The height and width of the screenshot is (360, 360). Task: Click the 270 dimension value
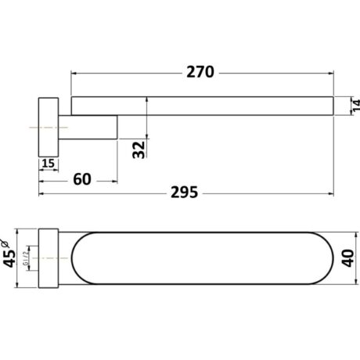pos(200,72)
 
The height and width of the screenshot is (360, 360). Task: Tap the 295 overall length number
pos(185,193)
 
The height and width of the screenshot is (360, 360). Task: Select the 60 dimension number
pos(82,179)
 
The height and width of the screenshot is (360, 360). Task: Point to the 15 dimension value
pos(49,164)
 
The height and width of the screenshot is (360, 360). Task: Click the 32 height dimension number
pos(139,149)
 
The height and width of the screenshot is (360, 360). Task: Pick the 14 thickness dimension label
pos(356,106)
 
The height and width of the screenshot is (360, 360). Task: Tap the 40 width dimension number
pos(348,257)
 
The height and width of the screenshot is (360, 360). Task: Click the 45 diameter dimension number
pos(9,258)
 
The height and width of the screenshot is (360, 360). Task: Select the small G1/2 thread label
pos(25,258)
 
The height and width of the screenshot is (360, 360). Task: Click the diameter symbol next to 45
pos(5,243)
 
